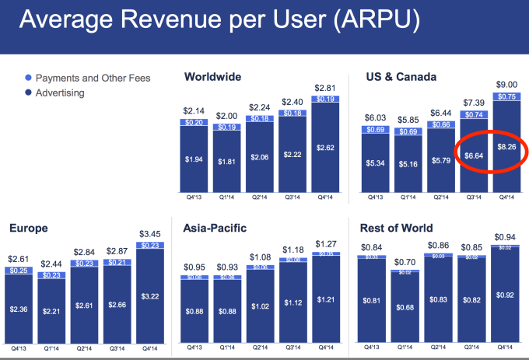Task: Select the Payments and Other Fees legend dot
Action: coord(28,78)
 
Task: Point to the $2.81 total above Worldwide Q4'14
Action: coord(324,87)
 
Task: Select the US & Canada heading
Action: coord(401,77)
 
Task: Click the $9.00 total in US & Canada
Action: coord(506,85)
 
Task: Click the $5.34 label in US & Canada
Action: coord(377,164)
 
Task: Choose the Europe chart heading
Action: coord(30,229)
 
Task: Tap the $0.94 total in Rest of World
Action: coord(506,238)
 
